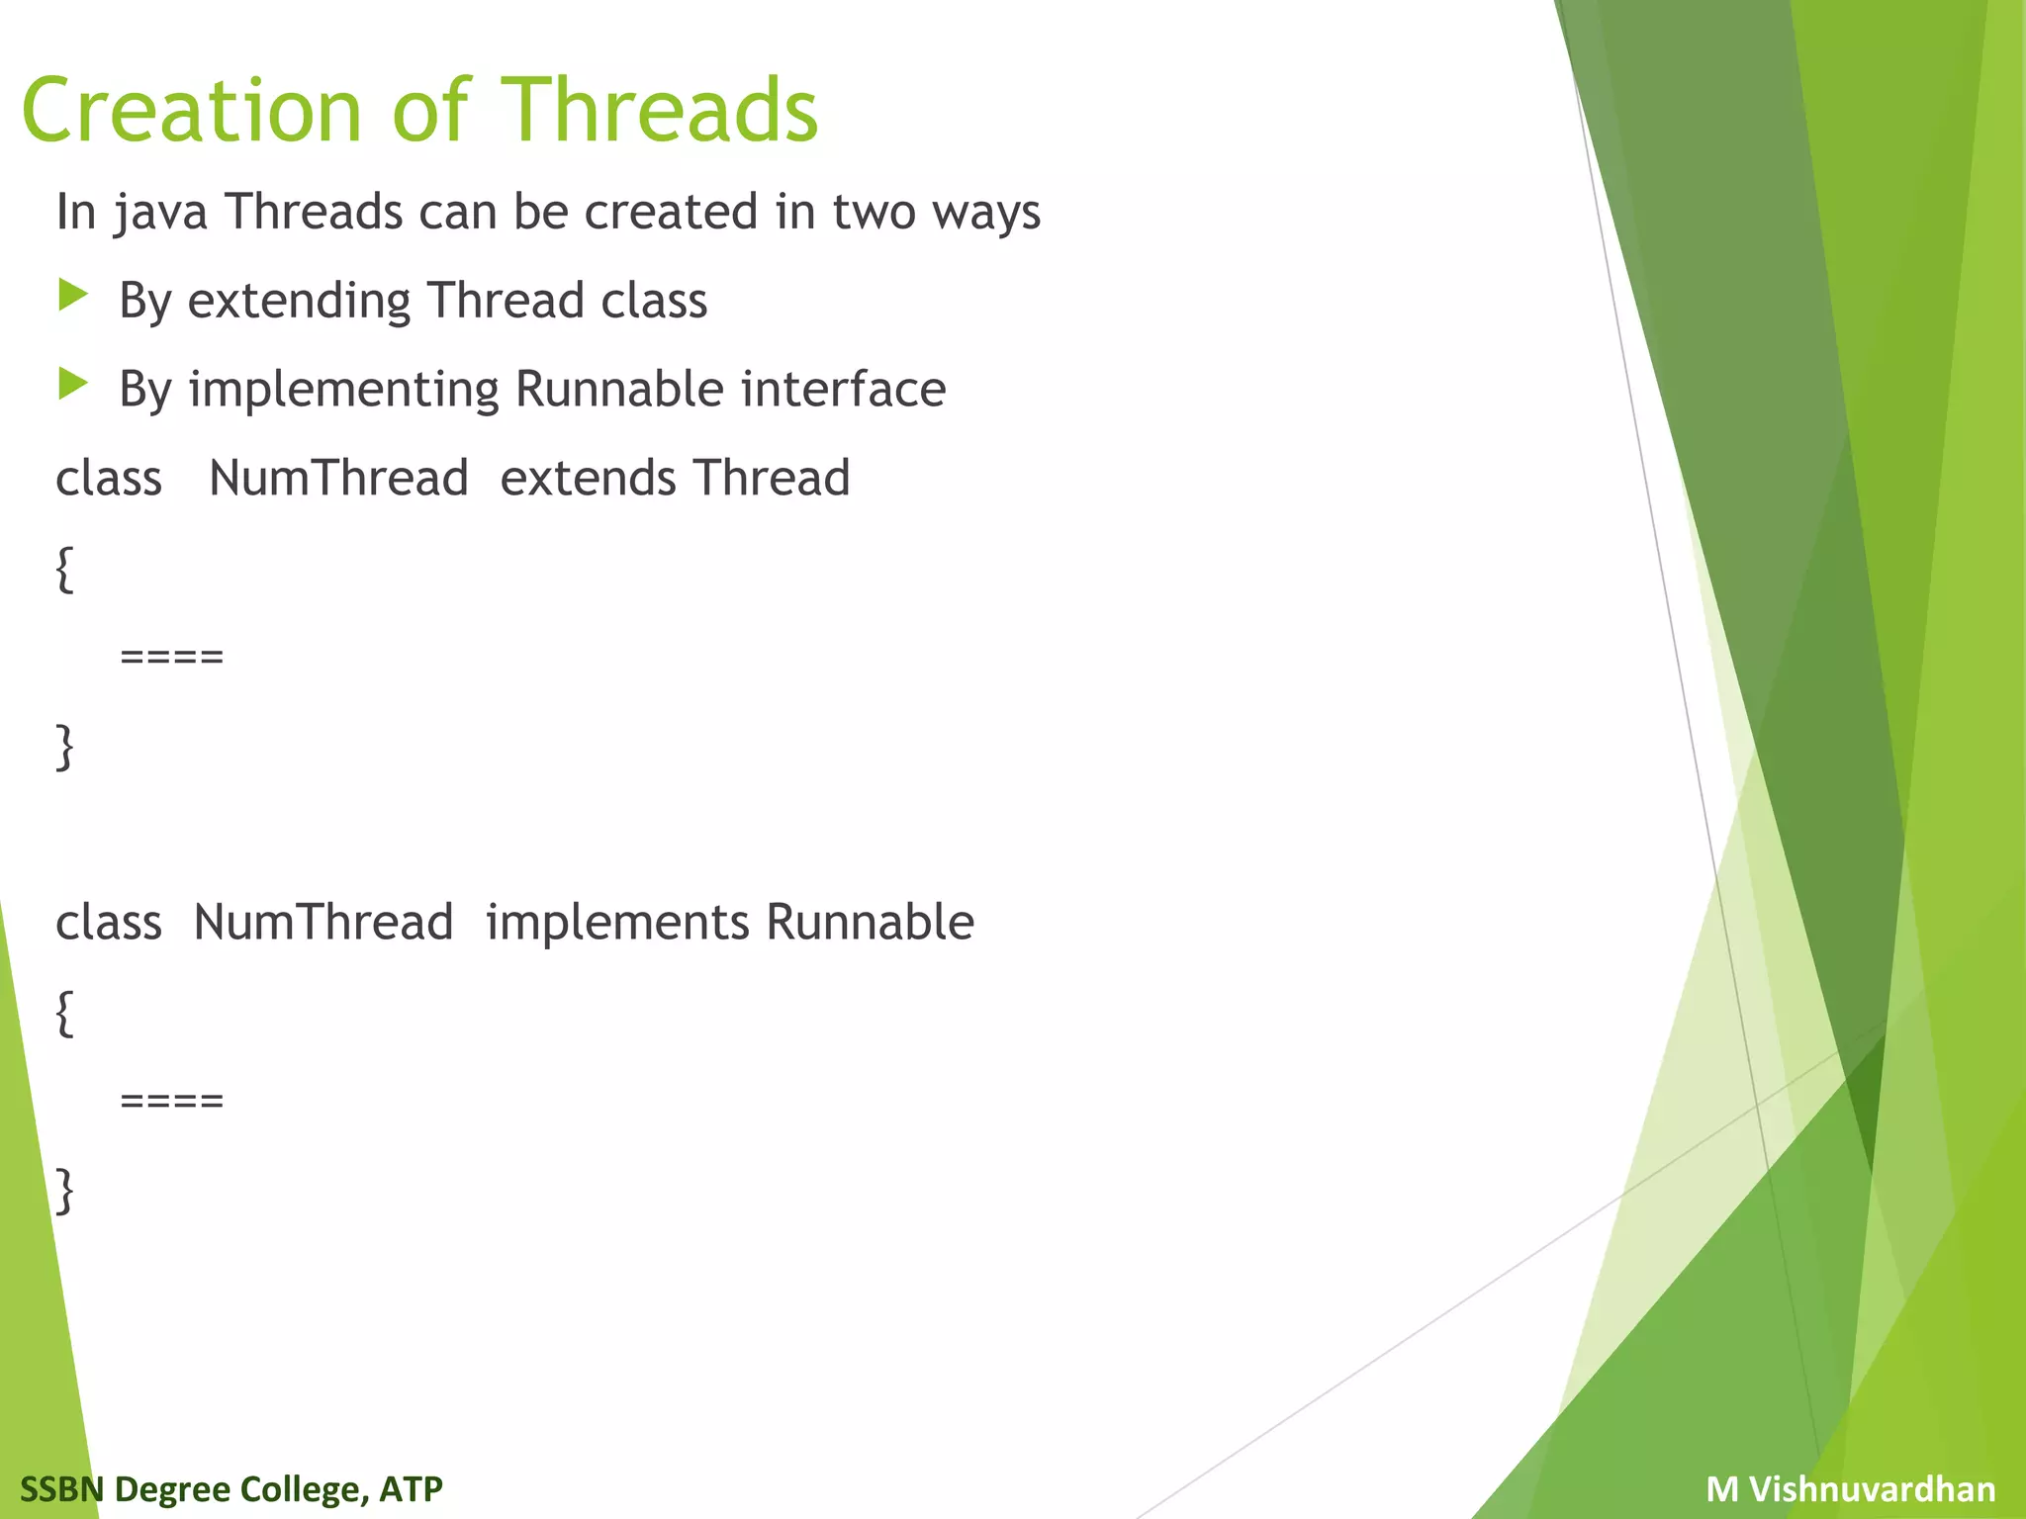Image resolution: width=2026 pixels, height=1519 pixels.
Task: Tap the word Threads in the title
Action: (x=660, y=111)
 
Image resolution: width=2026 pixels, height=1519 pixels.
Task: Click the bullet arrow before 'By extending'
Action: (x=73, y=295)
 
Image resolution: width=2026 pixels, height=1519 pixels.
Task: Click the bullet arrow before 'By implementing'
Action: (x=73, y=384)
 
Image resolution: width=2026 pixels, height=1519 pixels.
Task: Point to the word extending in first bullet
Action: (x=299, y=301)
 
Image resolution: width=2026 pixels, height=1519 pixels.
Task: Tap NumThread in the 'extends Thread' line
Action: (x=338, y=478)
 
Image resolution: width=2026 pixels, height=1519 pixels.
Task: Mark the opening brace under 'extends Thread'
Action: (x=65, y=569)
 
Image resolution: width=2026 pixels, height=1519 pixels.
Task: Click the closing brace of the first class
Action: (x=65, y=746)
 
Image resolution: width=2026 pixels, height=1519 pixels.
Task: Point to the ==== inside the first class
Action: (x=172, y=657)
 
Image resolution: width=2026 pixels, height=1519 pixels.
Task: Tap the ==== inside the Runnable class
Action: (x=172, y=1101)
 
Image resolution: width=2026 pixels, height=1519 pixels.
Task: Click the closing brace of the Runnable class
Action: (x=65, y=1190)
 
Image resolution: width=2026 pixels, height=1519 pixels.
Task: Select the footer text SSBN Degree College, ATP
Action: (x=231, y=1488)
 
